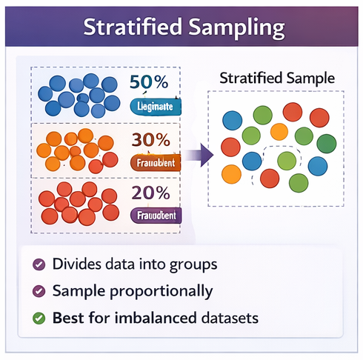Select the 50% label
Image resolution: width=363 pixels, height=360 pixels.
(150, 81)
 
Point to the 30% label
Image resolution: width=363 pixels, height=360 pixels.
(150, 139)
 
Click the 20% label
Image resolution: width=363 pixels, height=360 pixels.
(150, 193)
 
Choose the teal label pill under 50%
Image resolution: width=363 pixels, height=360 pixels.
(156, 106)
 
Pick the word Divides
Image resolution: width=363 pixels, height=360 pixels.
(75, 264)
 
